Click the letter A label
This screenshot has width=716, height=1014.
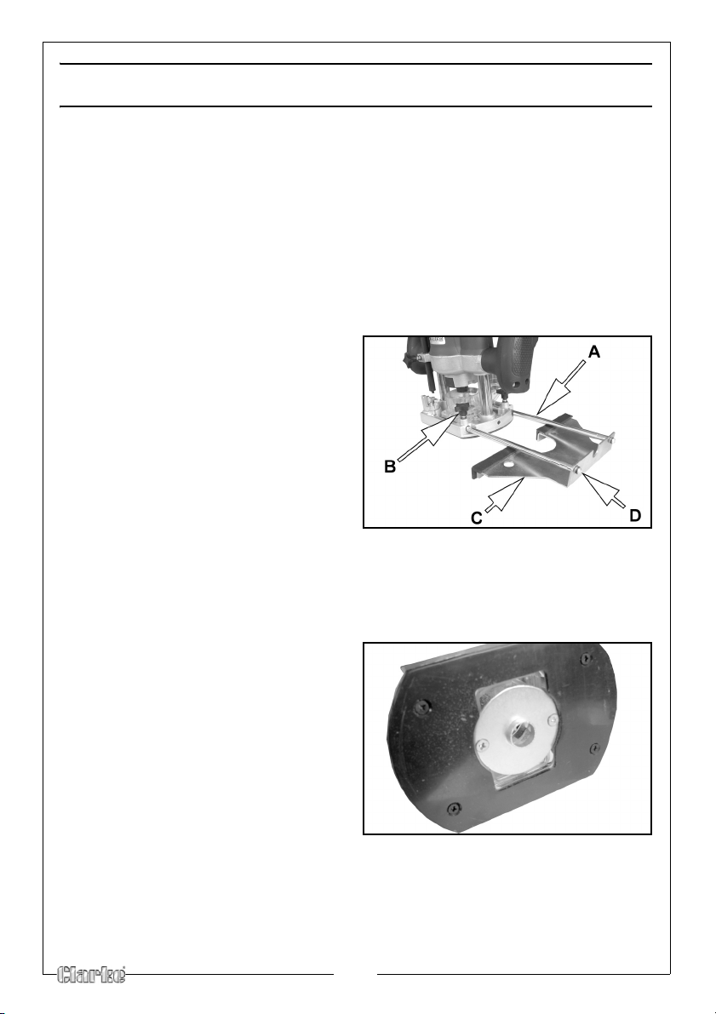(x=593, y=352)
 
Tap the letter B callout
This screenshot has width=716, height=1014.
(x=390, y=467)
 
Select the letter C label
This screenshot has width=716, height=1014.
(x=476, y=518)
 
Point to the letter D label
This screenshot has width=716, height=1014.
(x=635, y=516)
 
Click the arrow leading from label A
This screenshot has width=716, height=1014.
(x=561, y=387)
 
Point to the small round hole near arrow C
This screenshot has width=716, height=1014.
(x=511, y=464)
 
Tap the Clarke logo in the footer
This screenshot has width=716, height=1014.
(x=92, y=975)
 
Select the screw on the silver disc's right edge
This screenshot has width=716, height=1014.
(x=551, y=719)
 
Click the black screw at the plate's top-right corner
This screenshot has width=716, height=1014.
(x=586, y=657)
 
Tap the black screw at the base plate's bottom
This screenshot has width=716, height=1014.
(x=454, y=807)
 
